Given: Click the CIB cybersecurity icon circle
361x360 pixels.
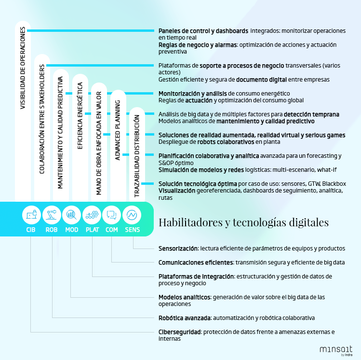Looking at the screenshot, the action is [x=31, y=215].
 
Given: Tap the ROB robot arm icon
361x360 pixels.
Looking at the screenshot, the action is [x=52, y=215].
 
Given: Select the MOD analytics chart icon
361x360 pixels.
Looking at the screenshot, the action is [x=72, y=215].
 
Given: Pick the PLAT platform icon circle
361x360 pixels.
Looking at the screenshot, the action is [x=92, y=215].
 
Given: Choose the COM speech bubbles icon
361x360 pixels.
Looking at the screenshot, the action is [x=112, y=215].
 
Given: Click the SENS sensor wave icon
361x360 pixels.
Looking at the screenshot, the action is [x=132, y=215].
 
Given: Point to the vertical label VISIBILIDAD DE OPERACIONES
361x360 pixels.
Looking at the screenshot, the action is [x=23, y=68].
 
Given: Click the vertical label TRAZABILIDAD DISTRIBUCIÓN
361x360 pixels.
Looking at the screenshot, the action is [x=137, y=156].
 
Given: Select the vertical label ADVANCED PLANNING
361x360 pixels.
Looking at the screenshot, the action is [x=118, y=130].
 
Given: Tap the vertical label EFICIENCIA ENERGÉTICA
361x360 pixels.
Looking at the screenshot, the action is [x=80, y=116].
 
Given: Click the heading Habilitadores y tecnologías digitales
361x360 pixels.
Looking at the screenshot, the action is [x=243, y=222].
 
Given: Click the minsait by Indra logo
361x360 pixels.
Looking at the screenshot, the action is [x=336, y=351].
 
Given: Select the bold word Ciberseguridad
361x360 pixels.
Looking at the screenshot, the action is [x=180, y=332].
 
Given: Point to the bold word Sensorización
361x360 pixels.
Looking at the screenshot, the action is [x=178, y=249].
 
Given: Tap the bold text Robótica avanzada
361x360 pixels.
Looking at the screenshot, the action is [x=185, y=318].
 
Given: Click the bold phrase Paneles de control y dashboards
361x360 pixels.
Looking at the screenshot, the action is [x=203, y=31].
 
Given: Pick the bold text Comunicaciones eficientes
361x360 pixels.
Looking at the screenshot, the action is [x=196, y=263].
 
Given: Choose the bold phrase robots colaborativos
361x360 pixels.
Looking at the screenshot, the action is [x=226, y=142].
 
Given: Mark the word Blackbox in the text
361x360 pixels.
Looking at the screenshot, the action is [x=334, y=184].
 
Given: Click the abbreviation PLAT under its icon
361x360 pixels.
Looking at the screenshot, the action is [x=93, y=230].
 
